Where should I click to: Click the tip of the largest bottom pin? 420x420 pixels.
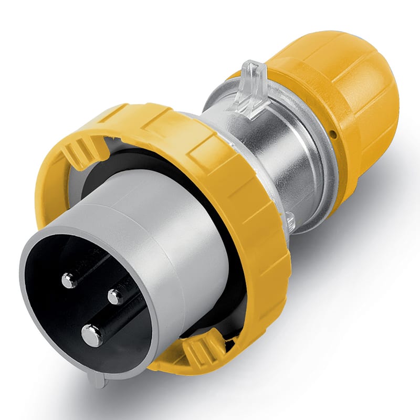92,335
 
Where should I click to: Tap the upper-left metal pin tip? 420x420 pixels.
69,281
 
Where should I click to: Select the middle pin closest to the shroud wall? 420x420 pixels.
115,297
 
